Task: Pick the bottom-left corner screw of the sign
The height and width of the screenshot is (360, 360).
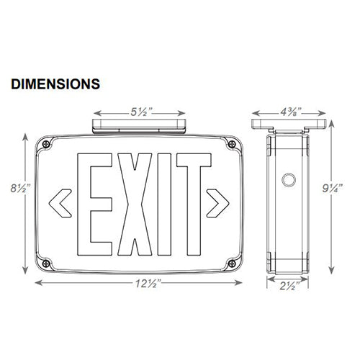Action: (48, 262)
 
